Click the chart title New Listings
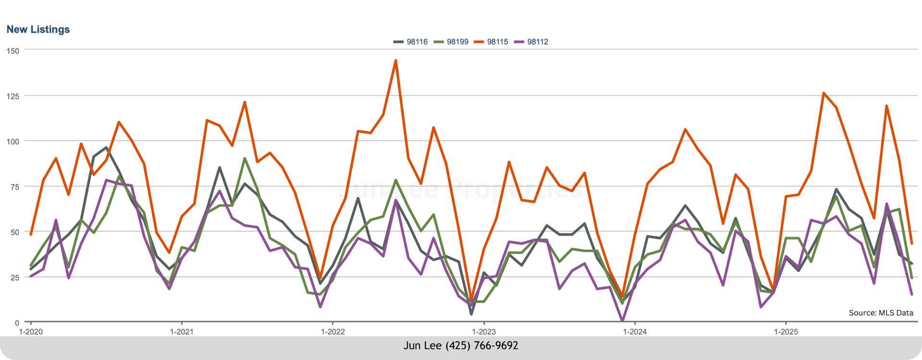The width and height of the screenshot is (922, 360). pos(38,29)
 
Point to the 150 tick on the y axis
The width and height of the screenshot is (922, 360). pos(13,50)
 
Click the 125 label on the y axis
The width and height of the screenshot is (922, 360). pos(13,96)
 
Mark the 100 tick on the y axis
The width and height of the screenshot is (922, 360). pos(13,141)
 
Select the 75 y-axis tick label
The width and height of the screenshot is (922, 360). pos(15,187)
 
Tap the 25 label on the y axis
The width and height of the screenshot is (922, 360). pos(15,277)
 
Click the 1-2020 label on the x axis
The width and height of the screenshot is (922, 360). pos(31,332)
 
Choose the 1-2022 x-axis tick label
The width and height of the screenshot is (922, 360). pos(333,332)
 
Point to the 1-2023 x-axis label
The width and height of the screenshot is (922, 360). pos(484,332)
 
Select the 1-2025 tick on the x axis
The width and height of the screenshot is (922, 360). pos(786,332)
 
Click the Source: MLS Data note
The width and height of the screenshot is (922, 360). pos(881,313)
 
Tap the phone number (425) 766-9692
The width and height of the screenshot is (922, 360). pos(482,346)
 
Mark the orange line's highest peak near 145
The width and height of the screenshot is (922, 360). pos(396,60)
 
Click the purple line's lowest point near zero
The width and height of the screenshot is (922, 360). pos(622,320)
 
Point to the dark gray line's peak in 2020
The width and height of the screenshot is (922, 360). pos(106,147)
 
